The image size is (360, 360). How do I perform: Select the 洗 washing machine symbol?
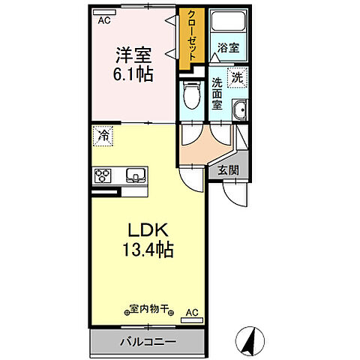(x=237, y=76)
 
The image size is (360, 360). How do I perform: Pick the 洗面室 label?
(x=217, y=94)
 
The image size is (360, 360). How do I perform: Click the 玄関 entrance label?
(x=229, y=170)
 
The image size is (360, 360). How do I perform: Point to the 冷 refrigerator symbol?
(x=103, y=136)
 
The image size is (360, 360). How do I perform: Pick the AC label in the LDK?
(x=190, y=310)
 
